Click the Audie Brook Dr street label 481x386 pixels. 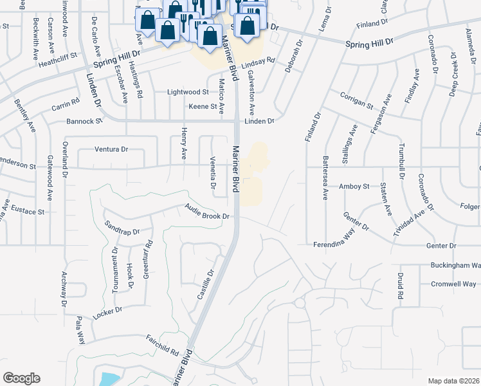(x=207, y=212)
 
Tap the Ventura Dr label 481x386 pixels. (x=111, y=149)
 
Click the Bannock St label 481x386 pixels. (x=84, y=121)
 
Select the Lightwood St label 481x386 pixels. (x=188, y=93)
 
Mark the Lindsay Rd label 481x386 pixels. (x=259, y=64)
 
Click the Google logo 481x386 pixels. (x=21, y=378)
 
